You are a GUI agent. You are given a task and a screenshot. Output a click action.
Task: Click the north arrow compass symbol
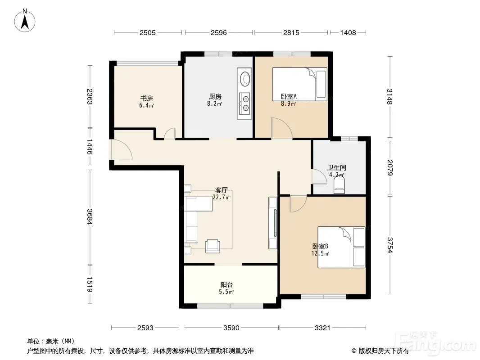click(25, 20)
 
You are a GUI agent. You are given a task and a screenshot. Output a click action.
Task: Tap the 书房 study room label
click(147, 99)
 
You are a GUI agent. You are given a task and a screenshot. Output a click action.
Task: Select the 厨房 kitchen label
click(215, 97)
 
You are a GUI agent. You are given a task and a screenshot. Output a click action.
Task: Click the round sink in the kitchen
click(245, 79)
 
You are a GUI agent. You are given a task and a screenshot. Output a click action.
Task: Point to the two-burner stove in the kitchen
click(245, 103)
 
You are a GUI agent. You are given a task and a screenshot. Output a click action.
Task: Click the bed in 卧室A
click(300, 84)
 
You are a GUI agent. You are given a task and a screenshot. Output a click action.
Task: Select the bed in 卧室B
click(341, 247)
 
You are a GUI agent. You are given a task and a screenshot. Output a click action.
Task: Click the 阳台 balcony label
click(226, 285)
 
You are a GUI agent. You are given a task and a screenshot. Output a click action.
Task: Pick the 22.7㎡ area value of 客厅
click(222, 197)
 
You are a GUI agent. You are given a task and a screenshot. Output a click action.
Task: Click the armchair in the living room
click(213, 246)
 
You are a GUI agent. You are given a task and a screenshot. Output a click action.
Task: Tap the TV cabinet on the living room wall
click(273, 223)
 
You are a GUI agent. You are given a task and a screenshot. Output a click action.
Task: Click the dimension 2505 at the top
click(148, 33)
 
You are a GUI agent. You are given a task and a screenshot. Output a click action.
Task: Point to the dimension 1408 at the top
click(348, 33)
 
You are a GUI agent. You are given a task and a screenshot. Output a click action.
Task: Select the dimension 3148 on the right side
click(389, 97)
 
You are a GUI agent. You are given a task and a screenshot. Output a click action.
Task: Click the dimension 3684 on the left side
click(90, 216)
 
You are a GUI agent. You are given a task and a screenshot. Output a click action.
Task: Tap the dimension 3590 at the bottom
click(231, 328)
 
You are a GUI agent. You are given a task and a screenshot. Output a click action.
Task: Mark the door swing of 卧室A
click(282, 129)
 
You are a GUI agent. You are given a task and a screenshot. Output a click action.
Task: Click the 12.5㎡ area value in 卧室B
click(320, 253)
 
